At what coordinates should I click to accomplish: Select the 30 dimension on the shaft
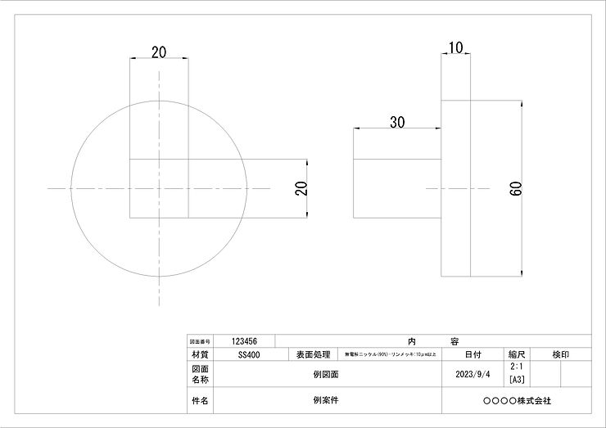coord(397,123)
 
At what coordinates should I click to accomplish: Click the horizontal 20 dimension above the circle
coord(160,52)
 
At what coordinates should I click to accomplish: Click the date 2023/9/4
coord(473,374)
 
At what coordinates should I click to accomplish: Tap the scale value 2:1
coord(517,369)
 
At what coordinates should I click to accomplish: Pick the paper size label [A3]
coord(517,380)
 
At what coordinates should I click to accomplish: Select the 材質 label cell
coord(199,355)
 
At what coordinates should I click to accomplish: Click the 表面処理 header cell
coord(311,355)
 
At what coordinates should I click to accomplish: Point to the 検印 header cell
coord(561,355)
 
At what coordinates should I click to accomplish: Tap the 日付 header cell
coord(473,355)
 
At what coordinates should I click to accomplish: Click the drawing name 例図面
coord(325,374)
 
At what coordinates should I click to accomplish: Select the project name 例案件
coord(325,401)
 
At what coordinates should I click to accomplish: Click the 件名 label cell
coord(199,401)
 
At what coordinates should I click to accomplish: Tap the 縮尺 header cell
coord(517,355)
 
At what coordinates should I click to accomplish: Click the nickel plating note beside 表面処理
coord(390,355)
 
